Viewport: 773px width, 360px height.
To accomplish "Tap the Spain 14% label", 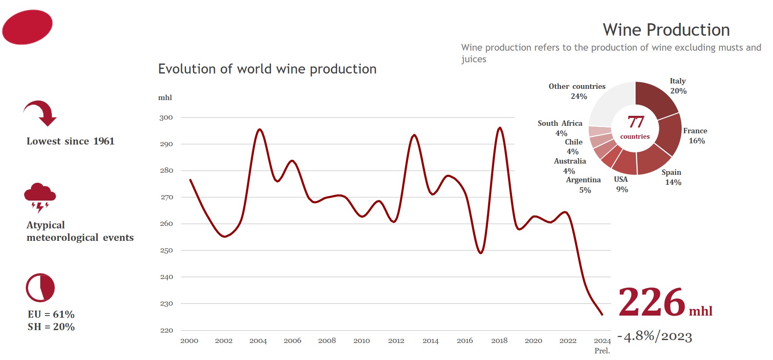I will click(672, 177).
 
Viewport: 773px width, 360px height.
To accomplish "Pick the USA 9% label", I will click(621, 184).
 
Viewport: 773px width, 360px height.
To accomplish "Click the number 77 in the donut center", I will click(636, 122).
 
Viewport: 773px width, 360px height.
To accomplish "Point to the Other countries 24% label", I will click(577, 91).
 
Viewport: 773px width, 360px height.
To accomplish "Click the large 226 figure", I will click(651, 302).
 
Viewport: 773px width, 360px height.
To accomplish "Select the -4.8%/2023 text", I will click(655, 336).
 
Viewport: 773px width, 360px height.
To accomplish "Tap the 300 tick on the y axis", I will click(166, 118).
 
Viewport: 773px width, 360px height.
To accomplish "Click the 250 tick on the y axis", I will click(166, 250).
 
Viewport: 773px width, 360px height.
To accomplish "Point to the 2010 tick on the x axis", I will click(362, 341).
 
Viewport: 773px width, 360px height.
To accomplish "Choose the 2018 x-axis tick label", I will click(499, 341).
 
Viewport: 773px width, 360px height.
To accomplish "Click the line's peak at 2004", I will click(260, 129).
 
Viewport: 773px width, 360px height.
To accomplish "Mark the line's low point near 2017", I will click(481, 253).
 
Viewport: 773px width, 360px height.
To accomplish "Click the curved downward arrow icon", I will click(41, 113).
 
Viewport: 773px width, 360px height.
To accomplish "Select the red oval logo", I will click(27, 27).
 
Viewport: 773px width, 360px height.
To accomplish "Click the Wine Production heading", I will click(666, 30).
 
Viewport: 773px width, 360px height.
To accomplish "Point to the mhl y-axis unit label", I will click(165, 98).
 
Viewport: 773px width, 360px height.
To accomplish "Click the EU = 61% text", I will click(51, 314).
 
